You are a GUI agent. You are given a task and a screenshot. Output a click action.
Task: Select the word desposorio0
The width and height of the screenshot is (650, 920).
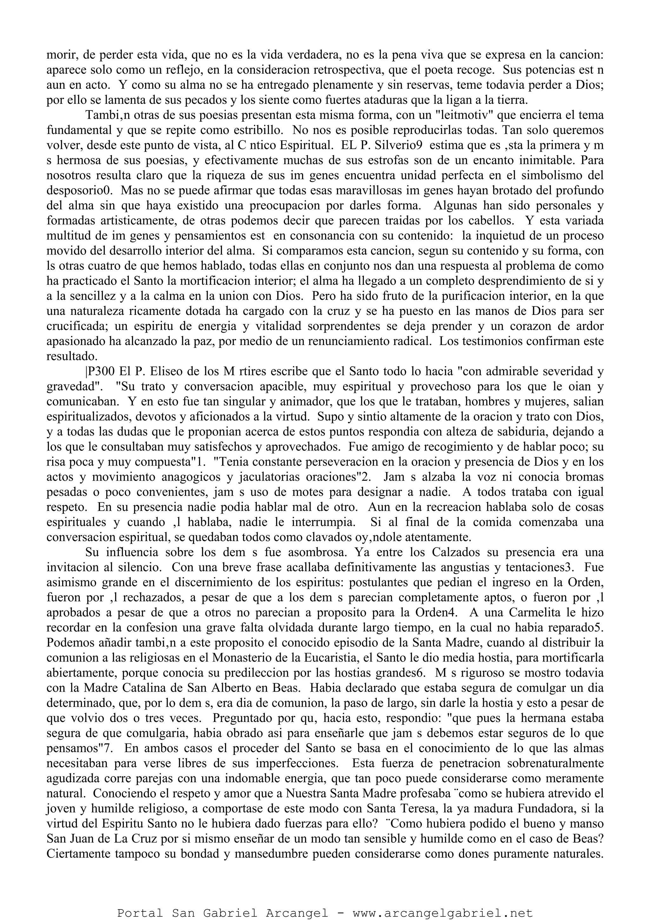pyautogui.click(x=79, y=191)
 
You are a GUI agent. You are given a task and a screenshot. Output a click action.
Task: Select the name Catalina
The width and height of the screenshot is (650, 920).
pyautogui.click(x=145, y=688)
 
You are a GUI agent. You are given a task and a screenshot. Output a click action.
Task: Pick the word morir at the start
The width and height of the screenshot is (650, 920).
pyautogui.click(x=61, y=55)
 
